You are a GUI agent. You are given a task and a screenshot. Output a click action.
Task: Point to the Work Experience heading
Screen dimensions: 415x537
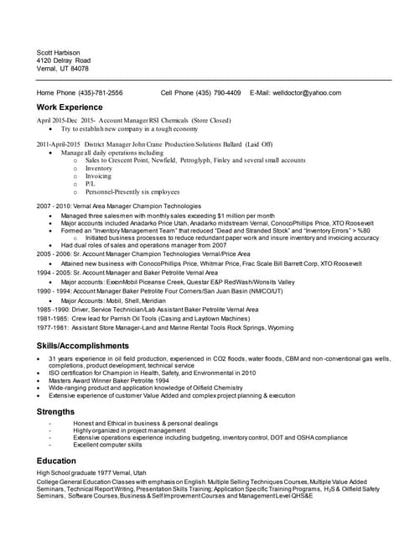click(x=70, y=107)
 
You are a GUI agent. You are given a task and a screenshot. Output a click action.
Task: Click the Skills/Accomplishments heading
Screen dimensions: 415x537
click(x=83, y=346)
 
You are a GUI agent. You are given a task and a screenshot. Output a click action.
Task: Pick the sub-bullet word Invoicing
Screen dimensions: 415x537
click(x=98, y=176)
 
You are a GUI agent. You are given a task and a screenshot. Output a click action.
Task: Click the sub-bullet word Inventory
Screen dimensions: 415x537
click(x=99, y=168)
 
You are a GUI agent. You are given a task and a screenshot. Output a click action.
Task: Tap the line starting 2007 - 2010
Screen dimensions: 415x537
click(x=118, y=206)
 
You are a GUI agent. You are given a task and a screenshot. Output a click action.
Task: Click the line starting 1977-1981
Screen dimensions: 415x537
click(x=165, y=327)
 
